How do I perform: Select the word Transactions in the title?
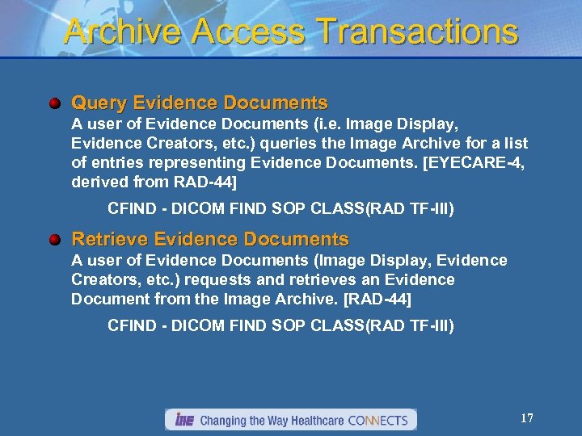pyautogui.click(x=418, y=31)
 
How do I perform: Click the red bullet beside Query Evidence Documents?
pyautogui.click(x=54, y=103)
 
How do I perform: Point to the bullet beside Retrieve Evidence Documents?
pyautogui.click(x=54, y=240)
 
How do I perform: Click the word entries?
pyautogui.click(x=117, y=163)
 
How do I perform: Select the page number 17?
pyautogui.click(x=526, y=418)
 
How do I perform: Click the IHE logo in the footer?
pyautogui.click(x=184, y=420)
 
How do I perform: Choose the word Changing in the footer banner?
pyautogui.click(x=224, y=420)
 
